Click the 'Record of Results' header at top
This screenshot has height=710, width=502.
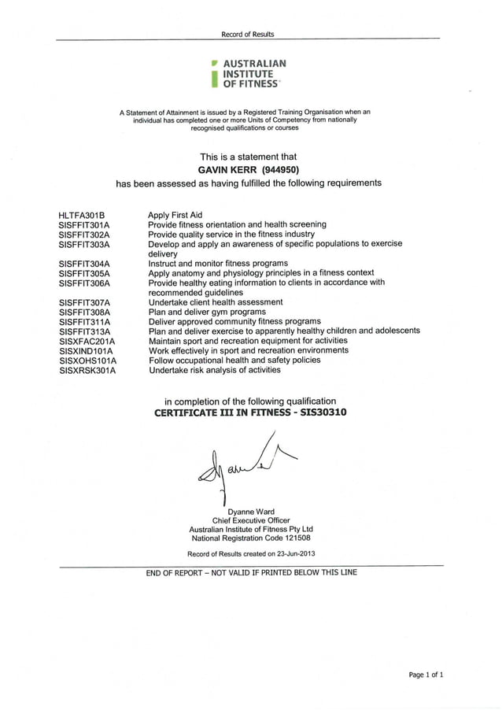(x=247, y=34)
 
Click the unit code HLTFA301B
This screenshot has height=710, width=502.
(x=82, y=215)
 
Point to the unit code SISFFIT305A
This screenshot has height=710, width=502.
(x=84, y=273)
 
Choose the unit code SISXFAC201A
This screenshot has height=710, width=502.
(x=87, y=342)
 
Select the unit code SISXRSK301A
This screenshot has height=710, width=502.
(x=87, y=370)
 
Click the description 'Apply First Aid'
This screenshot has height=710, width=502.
(x=175, y=215)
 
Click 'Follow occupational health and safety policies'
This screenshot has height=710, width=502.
(x=234, y=361)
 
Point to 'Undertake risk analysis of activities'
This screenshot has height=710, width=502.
(x=214, y=370)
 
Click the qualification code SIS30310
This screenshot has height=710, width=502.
(x=319, y=412)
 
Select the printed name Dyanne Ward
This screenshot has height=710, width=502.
(x=250, y=511)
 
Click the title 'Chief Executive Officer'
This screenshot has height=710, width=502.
(x=250, y=520)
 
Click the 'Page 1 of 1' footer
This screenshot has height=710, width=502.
(x=426, y=675)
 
